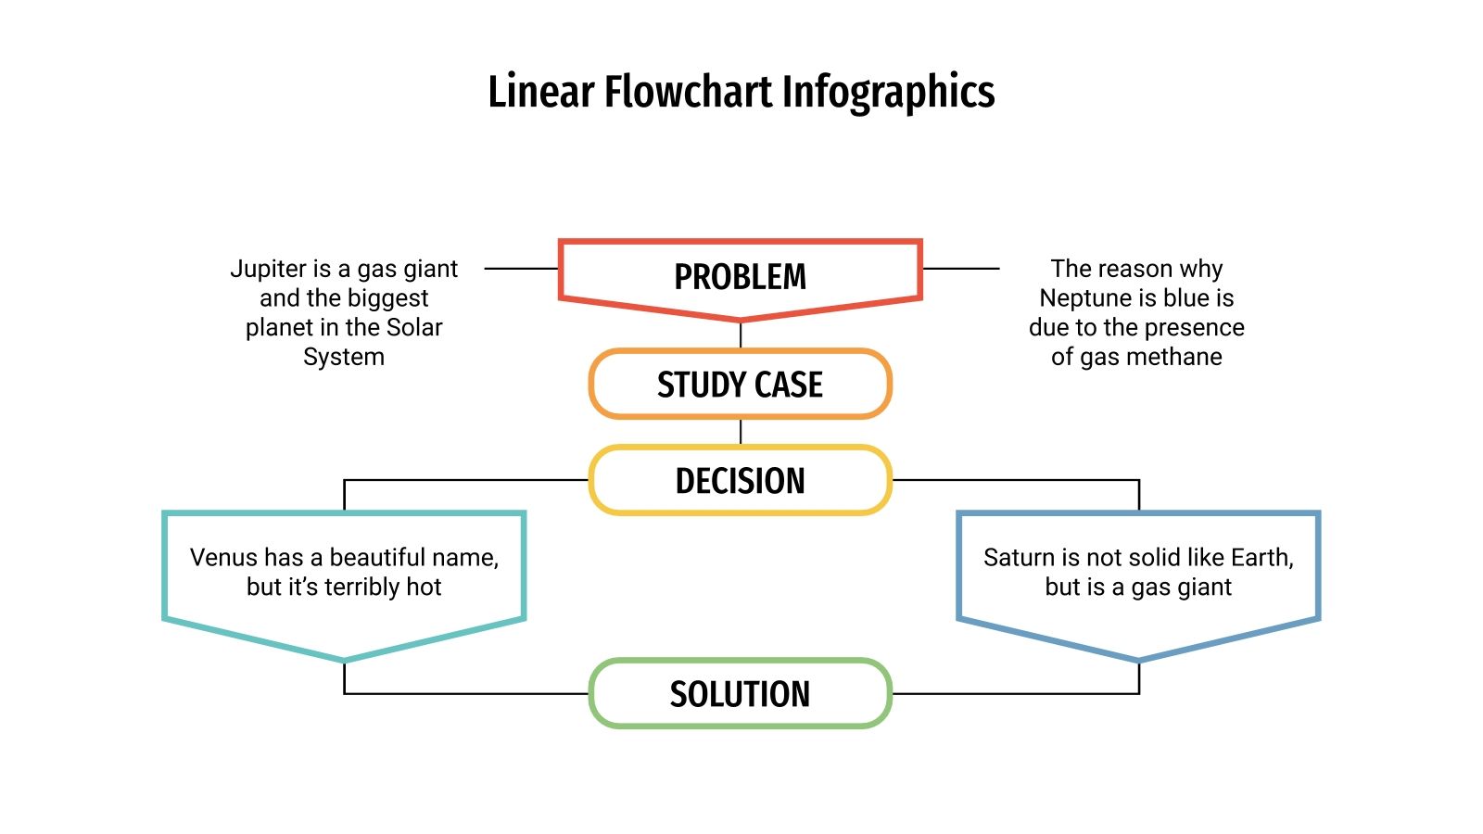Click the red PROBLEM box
740,277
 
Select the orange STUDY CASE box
740,385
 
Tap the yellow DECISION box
740,481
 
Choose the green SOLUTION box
740,694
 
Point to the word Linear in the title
540,93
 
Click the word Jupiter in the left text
268,269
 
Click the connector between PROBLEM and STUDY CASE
741,334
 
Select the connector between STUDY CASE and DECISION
741,431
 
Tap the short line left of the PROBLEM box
521,269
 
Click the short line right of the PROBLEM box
961,269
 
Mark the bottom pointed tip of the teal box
344,660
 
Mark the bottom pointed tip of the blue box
1138,660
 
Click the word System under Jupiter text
343,357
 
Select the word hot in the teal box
424,587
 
